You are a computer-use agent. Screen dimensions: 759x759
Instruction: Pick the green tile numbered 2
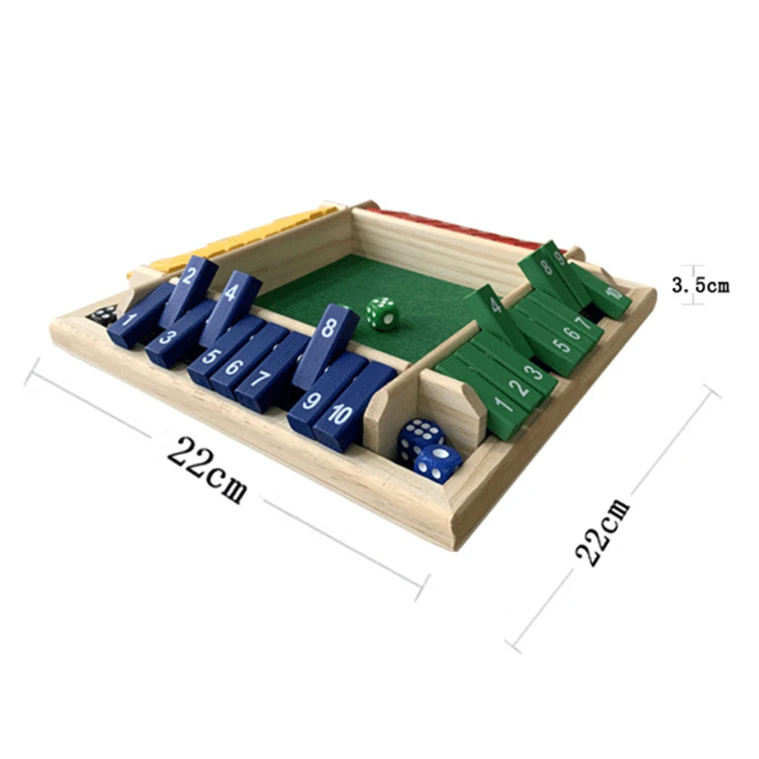point(518,387)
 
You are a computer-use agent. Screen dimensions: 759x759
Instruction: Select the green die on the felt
point(382,312)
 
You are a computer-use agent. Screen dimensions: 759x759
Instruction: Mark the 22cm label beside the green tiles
point(604,531)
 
